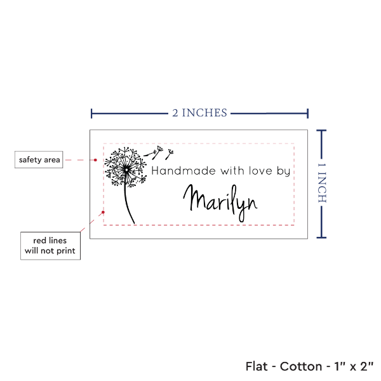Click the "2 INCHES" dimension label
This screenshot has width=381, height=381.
199,113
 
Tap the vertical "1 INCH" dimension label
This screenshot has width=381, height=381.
322,183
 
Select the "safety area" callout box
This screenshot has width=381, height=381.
39,159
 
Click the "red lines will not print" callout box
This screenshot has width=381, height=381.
50,246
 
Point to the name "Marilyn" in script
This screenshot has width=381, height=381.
220,203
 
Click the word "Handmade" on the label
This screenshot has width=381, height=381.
184,171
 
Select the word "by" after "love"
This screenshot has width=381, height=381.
284,171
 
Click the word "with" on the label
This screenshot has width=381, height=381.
232,171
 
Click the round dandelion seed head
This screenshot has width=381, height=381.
126,168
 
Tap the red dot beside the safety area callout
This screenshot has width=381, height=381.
95,160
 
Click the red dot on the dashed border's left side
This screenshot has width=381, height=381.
104,212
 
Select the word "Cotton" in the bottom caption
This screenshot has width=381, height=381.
301,366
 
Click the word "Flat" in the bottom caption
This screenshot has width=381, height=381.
257,366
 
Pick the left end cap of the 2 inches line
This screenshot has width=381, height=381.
91,114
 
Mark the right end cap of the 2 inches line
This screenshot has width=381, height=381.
307,114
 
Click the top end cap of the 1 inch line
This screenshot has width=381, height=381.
321,131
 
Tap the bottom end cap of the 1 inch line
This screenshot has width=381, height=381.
321,237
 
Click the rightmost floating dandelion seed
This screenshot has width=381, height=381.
170,154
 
